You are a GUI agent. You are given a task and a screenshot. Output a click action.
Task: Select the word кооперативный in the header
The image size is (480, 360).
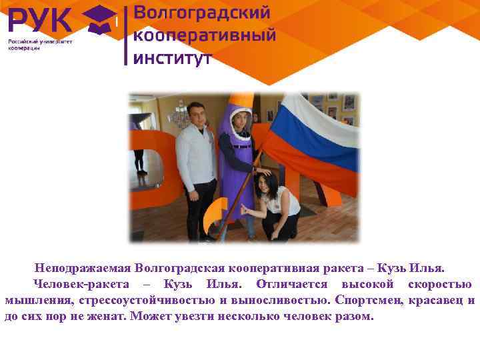[205, 35]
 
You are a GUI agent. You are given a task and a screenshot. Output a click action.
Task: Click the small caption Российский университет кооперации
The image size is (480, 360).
[39, 45]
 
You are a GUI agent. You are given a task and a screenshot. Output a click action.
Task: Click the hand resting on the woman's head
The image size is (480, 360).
[264, 172]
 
